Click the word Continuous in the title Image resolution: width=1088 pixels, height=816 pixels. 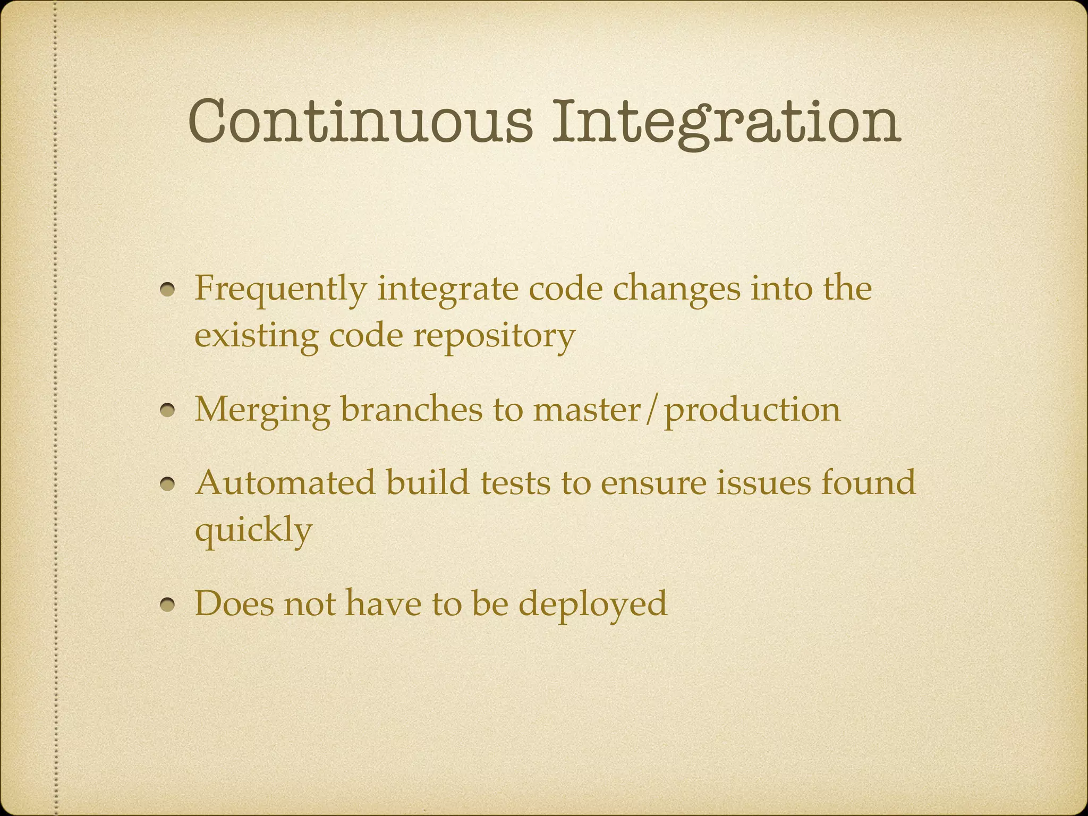pyautogui.click(x=360, y=121)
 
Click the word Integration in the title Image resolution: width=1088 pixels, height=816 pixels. pyautogui.click(x=726, y=121)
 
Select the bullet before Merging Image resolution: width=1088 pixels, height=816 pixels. pyautogui.click(x=169, y=411)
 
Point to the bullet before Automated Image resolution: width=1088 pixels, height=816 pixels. pyautogui.click(x=169, y=484)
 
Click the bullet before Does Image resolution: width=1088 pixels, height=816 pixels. pyautogui.click(x=169, y=605)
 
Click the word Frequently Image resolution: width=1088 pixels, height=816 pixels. pyautogui.click(x=280, y=290)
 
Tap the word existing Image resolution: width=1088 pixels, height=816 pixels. pyautogui.click(x=257, y=336)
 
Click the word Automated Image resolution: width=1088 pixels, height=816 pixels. pyautogui.click(x=285, y=482)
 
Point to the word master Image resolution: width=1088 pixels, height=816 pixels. pyautogui.click(x=586, y=410)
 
